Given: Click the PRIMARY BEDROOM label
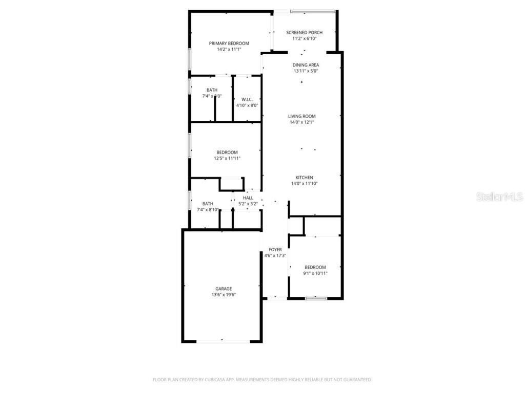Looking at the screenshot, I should (229, 43).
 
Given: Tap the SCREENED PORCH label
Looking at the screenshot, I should (304, 33).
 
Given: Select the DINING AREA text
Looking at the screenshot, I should (306, 65).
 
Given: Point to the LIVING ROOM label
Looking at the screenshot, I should (301, 116).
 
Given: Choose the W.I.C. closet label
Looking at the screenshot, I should (247, 99).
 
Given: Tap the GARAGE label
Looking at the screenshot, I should (224, 289).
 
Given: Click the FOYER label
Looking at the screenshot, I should (275, 250).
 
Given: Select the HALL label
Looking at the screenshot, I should (248, 198).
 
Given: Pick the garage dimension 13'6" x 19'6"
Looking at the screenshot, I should (224, 295).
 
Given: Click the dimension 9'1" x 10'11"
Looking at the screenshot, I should (315, 273).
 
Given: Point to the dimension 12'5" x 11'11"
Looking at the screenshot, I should (227, 159).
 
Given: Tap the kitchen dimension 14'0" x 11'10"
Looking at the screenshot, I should (304, 184).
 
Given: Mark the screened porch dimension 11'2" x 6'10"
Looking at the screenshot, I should (304, 38).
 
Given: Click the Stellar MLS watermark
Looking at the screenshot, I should (499, 197).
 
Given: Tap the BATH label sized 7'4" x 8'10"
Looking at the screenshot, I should (208, 203).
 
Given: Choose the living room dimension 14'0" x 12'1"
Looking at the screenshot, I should (301, 122).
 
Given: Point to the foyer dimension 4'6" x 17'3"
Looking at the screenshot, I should (275, 256).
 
